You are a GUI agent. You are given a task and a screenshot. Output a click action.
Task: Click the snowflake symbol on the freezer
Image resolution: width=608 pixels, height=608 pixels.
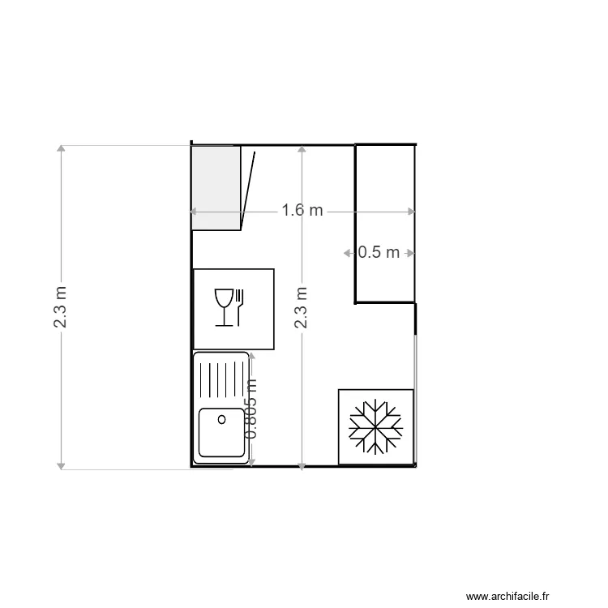tap(375, 426)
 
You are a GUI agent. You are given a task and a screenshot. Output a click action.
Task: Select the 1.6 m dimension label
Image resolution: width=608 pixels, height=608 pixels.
tap(302, 211)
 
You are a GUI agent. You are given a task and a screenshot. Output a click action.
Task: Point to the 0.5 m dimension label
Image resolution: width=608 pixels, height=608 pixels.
tap(379, 252)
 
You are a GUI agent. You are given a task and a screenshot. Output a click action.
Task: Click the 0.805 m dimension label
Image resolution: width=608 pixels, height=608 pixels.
tap(251, 409)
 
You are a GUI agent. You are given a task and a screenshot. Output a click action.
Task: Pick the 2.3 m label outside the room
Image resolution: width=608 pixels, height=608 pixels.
tap(61, 306)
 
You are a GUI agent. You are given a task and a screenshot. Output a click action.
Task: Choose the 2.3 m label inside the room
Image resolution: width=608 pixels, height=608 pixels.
tap(301, 306)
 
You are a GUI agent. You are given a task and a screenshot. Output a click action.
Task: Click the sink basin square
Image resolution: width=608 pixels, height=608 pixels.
tap(221, 433)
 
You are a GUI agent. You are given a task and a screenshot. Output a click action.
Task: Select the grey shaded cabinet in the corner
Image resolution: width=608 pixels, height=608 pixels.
tap(216, 187)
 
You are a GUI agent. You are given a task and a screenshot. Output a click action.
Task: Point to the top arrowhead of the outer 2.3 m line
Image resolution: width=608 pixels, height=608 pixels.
tap(61, 149)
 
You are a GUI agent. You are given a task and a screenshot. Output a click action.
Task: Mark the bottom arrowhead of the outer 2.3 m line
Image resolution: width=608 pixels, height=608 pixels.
tap(61, 465)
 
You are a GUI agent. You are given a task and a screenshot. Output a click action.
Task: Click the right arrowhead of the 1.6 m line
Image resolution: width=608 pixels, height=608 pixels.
tap(412, 211)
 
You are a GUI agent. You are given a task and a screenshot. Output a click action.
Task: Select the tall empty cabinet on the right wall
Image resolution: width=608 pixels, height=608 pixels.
tap(386, 223)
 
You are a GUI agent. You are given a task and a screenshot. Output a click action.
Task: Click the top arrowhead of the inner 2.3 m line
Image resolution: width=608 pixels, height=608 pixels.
tap(301, 150)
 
